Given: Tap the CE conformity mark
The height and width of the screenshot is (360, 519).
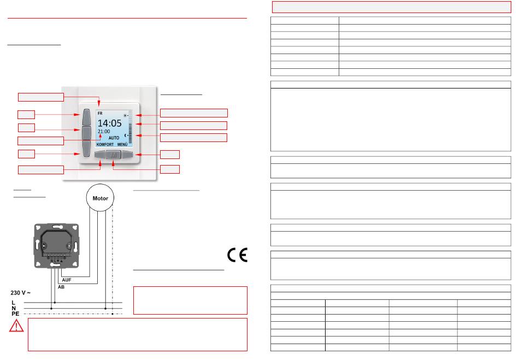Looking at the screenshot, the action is (237, 255).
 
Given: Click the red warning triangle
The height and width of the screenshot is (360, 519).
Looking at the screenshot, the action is (16, 326).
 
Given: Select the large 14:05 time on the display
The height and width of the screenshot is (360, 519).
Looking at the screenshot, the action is (110, 123).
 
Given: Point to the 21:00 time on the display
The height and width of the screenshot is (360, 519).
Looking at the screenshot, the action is (104, 131).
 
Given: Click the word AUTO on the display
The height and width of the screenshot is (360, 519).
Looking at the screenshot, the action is (114, 138).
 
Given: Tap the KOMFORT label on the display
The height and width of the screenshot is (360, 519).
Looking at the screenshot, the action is (105, 145).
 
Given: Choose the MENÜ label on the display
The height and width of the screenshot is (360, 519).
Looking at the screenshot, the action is (122, 145).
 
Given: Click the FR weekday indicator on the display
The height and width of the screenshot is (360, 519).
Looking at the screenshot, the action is (100, 114).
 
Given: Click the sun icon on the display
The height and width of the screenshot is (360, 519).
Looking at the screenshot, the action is (126, 115).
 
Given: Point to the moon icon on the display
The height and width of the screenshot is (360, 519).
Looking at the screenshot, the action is (126, 135).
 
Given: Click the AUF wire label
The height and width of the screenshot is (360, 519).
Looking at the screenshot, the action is (67, 280).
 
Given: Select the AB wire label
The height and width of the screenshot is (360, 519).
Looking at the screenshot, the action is (61, 287).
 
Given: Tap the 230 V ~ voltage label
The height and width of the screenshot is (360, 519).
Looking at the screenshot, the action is (21, 293).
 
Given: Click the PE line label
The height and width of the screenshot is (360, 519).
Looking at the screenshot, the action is (15, 314).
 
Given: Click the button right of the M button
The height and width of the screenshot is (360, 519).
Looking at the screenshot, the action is (127, 154).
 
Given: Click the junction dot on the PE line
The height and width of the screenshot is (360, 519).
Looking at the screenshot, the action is (113, 314).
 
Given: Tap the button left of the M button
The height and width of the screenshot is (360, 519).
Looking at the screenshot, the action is (100, 154).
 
